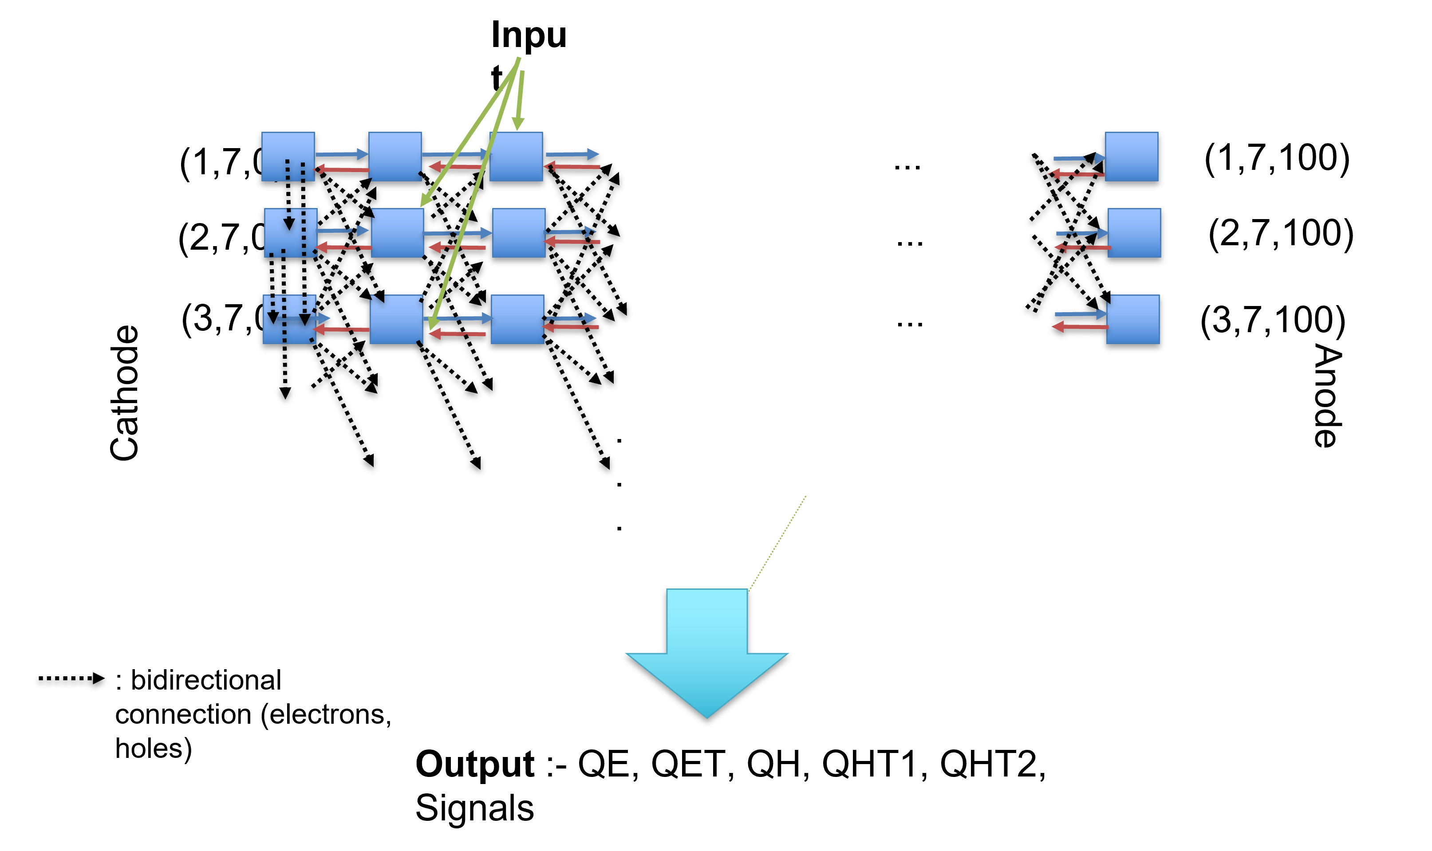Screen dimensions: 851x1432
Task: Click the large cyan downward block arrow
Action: tap(707, 659)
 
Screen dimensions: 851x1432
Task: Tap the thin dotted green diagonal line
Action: tap(777, 544)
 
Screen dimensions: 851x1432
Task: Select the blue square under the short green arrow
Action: tap(516, 157)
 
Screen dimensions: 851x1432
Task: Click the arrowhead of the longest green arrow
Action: tap(433, 322)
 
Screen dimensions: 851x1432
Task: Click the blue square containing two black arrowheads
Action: tap(289, 319)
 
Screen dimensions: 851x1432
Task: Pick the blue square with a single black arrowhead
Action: tap(290, 233)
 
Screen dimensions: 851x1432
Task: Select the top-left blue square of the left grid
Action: tap(288, 157)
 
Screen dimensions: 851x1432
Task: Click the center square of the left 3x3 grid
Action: tap(397, 233)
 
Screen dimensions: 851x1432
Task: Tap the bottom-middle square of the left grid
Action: tap(396, 319)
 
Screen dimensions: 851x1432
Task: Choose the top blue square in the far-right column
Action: tap(1132, 157)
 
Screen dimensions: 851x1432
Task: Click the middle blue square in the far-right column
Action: tap(1134, 233)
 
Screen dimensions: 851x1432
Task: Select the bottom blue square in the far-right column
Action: tap(1132, 319)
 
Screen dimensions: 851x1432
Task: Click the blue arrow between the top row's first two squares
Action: tap(341, 154)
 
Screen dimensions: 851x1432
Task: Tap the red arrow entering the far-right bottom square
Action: tap(1080, 326)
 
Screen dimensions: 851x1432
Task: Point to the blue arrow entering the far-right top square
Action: tap(1079, 158)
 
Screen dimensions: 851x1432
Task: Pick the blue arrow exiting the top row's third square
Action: tap(572, 154)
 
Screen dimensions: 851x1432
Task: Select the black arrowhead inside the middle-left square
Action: tap(289, 223)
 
